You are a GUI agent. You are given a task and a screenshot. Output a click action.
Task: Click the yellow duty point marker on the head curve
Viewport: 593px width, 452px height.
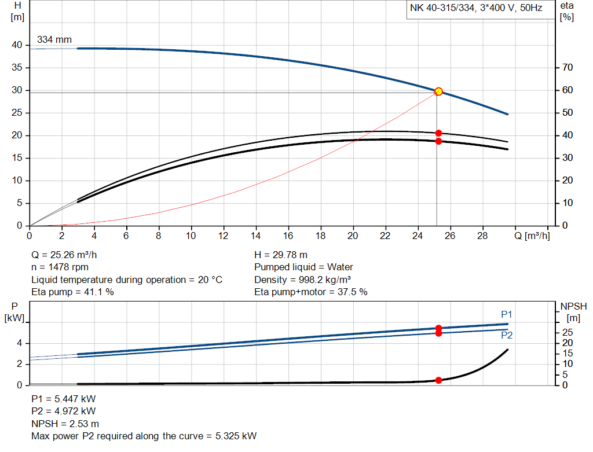(x=438, y=91)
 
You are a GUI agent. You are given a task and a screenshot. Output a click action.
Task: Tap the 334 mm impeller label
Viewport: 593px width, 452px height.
(x=54, y=40)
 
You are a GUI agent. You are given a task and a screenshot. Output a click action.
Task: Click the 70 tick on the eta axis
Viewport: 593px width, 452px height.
(x=568, y=68)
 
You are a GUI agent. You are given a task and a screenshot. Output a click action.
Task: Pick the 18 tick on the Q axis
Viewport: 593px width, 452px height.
(x=320, y=236)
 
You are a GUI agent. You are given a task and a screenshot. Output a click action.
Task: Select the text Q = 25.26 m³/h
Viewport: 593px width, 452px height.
(x=68, y=255)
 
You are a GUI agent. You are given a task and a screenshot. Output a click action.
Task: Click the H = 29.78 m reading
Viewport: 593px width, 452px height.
(x=281, y=255)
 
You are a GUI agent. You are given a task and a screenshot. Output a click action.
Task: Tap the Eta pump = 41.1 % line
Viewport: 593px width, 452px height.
(x=72, y=292)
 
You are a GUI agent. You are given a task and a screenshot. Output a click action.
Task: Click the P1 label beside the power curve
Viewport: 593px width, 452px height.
(x=507, y=314)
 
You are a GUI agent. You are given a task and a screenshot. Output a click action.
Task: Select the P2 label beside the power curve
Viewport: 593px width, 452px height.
(x=507, y=335)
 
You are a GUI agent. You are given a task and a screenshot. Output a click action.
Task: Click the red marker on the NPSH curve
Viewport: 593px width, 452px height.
(x=438, y=380)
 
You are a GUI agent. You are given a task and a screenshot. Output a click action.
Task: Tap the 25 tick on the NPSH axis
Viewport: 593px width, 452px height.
(x=568, y=332)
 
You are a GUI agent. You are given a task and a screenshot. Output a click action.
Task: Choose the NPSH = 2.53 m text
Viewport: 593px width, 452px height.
(x=65, y=424)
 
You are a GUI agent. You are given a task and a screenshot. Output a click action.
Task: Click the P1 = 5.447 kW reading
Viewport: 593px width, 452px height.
(x=64, y=399)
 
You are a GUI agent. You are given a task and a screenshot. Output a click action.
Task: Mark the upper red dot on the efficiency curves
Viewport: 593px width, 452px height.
(x=438, y=133)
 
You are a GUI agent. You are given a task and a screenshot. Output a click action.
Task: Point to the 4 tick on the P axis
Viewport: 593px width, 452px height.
(x=20, y=343)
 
